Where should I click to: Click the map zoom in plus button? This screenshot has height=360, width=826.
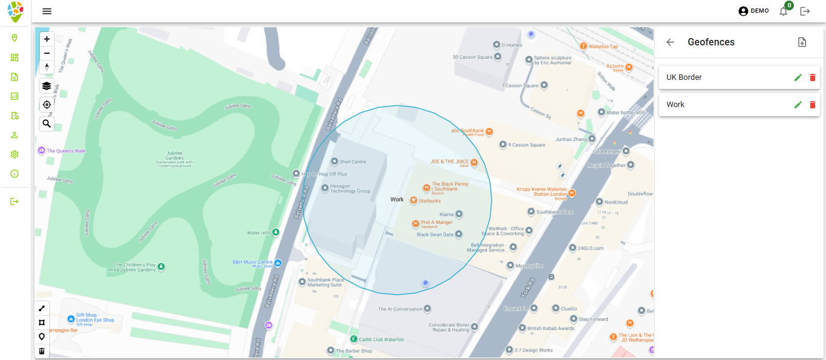[47, 39]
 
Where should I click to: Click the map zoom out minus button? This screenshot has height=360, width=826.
[47, 53]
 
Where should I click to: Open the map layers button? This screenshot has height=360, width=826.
[47, 86]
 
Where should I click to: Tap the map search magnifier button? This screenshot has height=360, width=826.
[47, 123]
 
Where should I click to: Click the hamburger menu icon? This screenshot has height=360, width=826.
[47, 11]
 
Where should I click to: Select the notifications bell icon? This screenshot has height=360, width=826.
[784, 11]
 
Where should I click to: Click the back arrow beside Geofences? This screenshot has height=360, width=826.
[670, 42]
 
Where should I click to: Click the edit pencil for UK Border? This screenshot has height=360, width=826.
[798, 77]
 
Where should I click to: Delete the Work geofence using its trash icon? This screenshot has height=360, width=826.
[812, 105]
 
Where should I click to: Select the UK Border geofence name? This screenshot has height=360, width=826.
[684, 77]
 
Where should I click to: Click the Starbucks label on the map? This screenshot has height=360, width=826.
[431, 200]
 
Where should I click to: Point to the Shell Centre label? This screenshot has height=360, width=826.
[353, 162]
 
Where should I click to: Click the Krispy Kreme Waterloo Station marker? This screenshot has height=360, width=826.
[571, 193]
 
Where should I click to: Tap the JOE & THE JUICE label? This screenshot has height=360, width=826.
[450, 162]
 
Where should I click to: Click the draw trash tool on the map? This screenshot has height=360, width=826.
[42, 351]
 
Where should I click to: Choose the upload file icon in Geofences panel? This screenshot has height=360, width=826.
[802, 42]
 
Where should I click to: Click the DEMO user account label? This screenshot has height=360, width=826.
[759, 11]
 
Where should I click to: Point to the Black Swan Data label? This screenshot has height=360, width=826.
[435, 234]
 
